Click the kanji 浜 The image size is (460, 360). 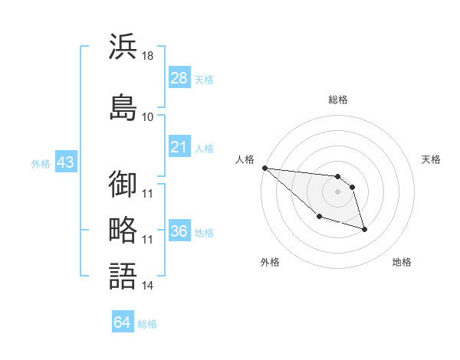123,47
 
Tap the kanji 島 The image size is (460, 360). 123,107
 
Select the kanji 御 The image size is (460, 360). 123,184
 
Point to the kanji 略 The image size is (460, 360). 123,229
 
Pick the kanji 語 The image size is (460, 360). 123,275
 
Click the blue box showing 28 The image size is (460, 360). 179,78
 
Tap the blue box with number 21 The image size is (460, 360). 179,147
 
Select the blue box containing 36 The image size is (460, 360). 179,231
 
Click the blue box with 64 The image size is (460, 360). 123,322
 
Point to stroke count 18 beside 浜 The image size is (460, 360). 148,56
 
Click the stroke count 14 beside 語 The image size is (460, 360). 148,286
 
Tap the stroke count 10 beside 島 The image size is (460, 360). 148,116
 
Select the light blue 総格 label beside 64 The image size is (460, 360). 147,324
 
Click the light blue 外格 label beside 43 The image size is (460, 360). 41,164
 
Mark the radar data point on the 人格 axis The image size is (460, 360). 264,168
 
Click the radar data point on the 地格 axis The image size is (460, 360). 364,229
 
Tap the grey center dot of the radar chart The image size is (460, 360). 337,191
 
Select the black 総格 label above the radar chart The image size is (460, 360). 338,100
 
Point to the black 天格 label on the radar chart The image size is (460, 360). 432,159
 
